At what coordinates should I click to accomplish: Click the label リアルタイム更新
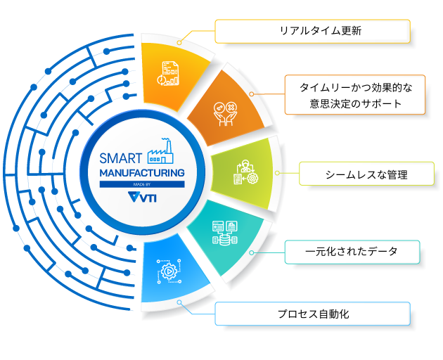coord(312,31)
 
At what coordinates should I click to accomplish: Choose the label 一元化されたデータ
coord(352,251)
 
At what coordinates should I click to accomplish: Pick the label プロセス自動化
coord(312,314)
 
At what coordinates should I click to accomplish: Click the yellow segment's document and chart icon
coord(169,72)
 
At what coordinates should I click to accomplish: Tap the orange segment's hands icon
coord(224,110)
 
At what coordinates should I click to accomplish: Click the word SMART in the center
coord(121,157)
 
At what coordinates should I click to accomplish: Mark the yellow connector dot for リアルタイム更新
coord(179,42)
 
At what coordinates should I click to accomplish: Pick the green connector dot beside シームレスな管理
coord(277,173)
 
